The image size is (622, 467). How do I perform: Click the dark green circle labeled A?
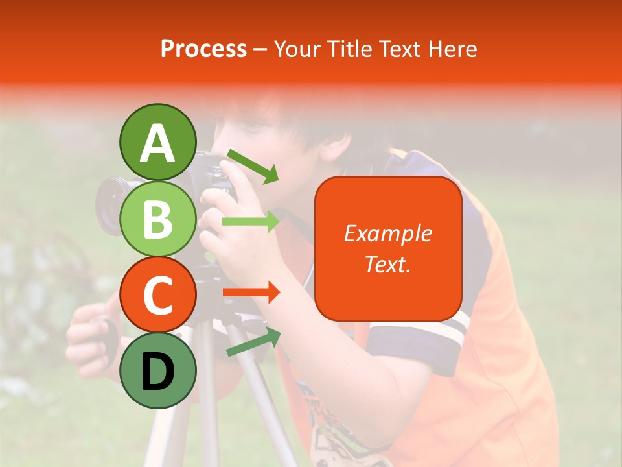click(157, 142)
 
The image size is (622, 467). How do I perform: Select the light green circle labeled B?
click(157, 219)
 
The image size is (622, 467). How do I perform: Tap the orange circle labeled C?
click(157, 295)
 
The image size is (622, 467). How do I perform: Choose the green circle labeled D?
click(157, 370)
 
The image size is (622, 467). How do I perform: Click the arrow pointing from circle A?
click(252, 165)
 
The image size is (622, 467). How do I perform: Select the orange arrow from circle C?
click(251, 293)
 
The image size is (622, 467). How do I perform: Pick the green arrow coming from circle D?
click(253, 342)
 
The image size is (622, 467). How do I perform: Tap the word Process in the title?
click(203, 49)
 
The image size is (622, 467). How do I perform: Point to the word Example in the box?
click(387, 233)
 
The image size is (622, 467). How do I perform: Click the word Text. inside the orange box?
click(387, 264)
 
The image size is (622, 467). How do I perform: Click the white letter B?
click(157, 219)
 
